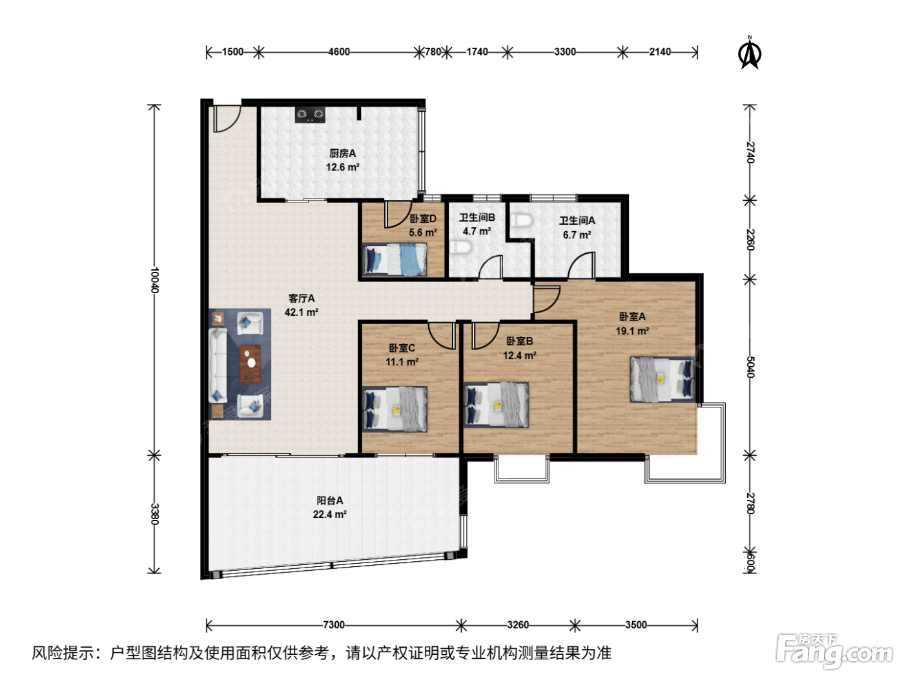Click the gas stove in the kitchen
pos(310,114)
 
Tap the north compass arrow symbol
pos(750,53)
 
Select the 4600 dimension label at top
pos(338,52)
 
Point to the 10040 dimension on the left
pos(154,280)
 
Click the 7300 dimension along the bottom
pos(334,625)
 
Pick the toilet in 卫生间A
pos(522,220)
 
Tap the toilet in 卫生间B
pos(460,248)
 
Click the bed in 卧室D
pos(394,260)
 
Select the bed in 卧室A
pos(663,379)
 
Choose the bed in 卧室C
pos(395,409)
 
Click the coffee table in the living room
pos(250,364)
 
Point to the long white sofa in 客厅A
pos(218,365)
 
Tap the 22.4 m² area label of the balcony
pos(329,515)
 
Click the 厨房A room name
pos(342,154)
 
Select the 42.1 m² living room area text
pos(301,313)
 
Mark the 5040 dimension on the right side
pos(750,367)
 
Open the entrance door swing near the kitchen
pos(227,119)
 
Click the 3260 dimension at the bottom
pos(518,625)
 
